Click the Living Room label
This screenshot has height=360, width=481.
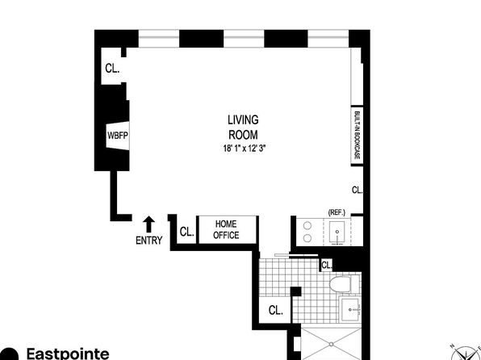[x=243, y=127]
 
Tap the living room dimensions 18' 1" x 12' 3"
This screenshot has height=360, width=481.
[x=245, y=149]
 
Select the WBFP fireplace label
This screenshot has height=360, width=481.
[x=118, y=136]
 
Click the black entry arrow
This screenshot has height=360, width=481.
[x=149, y=224]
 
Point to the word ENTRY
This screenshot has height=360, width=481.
[x=149, y=241]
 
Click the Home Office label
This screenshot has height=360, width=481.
[x=226, y=229]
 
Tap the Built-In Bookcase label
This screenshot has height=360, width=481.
[x=357, y=135]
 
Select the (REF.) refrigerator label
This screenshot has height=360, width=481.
[x=337, y=212]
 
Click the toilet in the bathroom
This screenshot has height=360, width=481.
[x=344, y=284]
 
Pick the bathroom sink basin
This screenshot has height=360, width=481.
[x=350, y=309]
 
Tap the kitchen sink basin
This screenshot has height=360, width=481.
[x=337, y=232]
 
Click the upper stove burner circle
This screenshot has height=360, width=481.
[x=307, y=226]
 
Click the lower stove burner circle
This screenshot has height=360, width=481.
[x=307, y=238]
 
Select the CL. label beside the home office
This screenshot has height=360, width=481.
[x=186, y=232]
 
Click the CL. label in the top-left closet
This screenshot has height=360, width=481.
[x=112, y=68]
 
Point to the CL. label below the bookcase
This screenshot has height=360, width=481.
[x=357, y=190]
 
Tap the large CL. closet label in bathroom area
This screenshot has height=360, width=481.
[x=275, y=310]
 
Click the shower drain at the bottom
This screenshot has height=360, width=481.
[x=332, y=345]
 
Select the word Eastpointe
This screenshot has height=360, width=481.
[x=68, y=354]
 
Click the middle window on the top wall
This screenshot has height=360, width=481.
[x=244, y=39]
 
